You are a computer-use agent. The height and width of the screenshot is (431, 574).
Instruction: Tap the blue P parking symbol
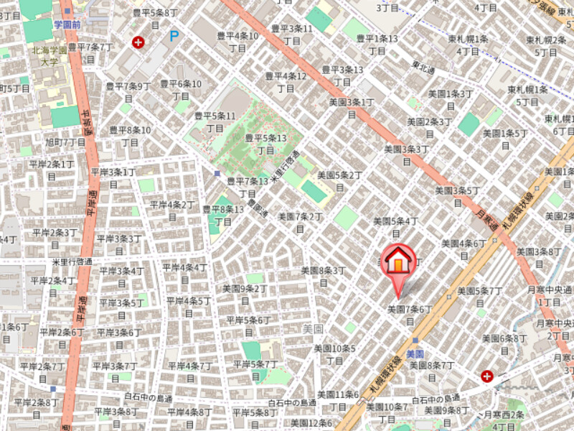point(174,35)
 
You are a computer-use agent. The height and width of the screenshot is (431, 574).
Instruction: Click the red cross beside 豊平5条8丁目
point(138,43)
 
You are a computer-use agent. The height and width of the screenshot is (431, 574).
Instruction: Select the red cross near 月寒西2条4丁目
point(488,376)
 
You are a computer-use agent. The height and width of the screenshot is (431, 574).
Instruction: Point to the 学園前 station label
point(68,24)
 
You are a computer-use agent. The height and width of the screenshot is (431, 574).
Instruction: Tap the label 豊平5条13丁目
point(265,144)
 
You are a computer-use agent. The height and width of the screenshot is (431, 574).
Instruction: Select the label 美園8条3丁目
point(323,276)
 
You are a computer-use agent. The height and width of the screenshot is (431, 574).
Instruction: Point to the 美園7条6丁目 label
point(410,314)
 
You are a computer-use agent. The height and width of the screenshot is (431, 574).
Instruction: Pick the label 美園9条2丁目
point(244,294)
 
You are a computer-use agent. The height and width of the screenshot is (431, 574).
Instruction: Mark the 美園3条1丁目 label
point(352,108)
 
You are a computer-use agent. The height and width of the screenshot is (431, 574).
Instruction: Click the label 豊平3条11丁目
point(291,34)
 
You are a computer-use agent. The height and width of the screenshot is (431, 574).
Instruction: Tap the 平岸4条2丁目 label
point(172,210)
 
